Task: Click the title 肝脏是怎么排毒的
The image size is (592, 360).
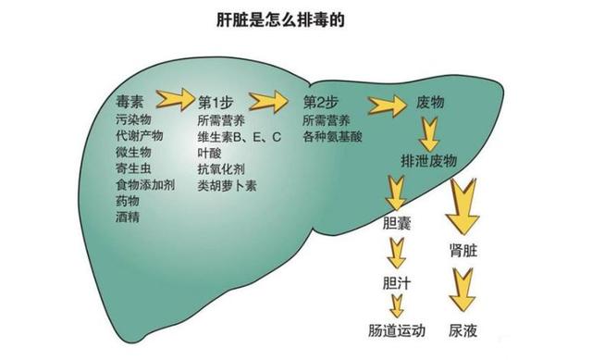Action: (x=295, y=18)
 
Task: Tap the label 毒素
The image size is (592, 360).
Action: (x=132, y=102)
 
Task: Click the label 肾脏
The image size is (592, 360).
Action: (x=463, y=251)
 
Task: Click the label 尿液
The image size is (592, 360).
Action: (x=463, y=330)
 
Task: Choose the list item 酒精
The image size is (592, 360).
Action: (x=128, y=217)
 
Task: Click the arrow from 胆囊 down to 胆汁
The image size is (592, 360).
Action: (x=397, y=252)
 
